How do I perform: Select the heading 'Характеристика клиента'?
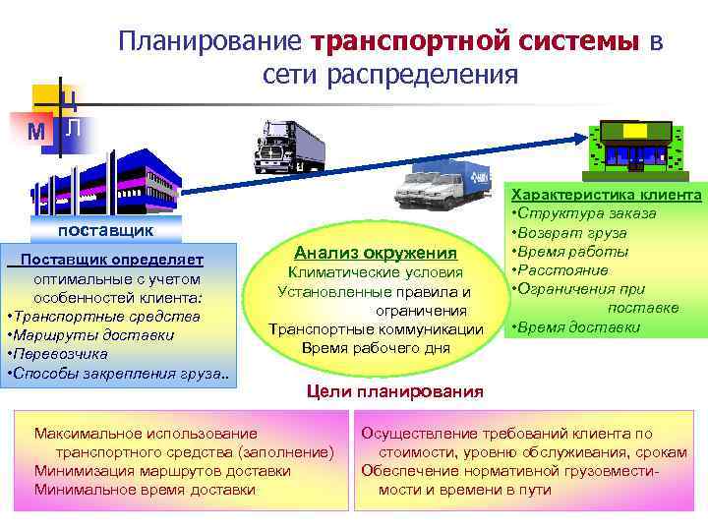(x=605, y=196)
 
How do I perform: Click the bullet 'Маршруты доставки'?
(x=90, y=335)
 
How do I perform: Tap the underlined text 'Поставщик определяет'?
(x=112, y=260)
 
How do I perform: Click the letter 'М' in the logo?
(x=36, y=131)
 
